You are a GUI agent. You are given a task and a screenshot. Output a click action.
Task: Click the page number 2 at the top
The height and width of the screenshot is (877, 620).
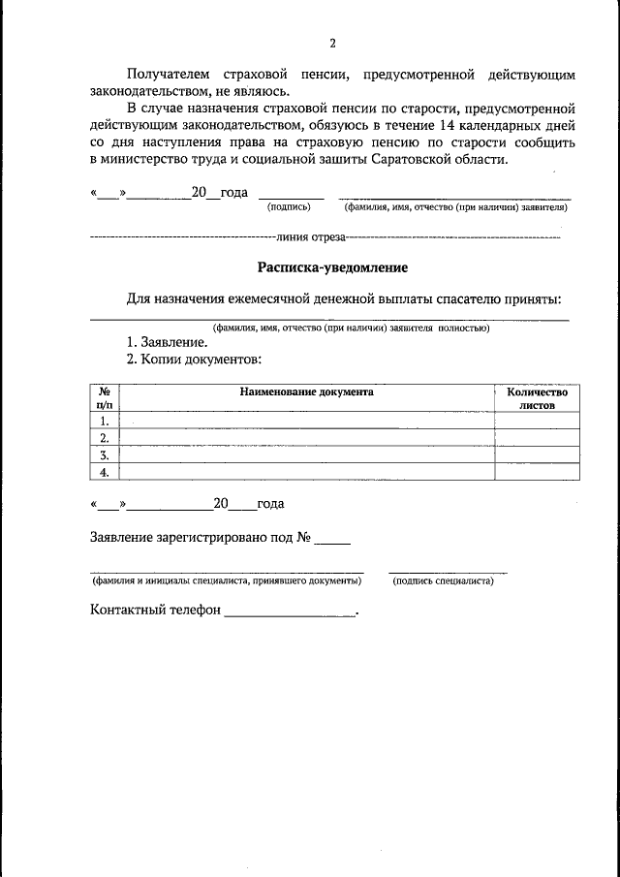click(331, 44)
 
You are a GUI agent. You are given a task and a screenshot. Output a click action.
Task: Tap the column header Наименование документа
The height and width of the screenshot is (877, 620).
click(307, 392)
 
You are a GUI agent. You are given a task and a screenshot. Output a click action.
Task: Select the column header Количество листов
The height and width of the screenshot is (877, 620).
click(537, 399)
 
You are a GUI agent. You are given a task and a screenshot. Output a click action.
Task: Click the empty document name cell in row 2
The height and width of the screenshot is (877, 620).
click(307, 438)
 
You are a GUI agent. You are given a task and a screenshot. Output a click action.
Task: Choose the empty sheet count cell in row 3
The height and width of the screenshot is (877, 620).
click(537, 454)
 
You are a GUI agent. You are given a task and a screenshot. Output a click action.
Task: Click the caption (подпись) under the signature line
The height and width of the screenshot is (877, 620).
click(288, 207)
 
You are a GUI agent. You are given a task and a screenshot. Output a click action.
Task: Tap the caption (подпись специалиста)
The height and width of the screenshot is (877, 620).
click(443, 581)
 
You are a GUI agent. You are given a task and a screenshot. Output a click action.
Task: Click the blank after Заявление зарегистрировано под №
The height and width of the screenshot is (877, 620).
click(332, 539)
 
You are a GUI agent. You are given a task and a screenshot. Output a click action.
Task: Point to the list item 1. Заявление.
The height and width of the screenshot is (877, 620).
click(167, 342)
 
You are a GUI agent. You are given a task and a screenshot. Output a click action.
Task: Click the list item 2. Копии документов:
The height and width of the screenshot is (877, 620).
click(194, 360)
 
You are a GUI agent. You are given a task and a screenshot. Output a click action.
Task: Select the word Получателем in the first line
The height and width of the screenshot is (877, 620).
click(168, 74)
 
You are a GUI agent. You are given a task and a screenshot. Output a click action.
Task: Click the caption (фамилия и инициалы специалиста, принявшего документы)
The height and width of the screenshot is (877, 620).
click(227, 581)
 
